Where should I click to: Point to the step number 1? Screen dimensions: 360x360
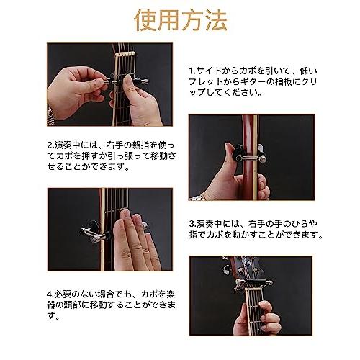click(191, 71)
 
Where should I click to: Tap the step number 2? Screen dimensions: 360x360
click(49, 143)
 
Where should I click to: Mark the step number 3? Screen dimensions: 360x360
click(192, 223)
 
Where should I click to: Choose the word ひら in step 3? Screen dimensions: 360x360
click(303, 223)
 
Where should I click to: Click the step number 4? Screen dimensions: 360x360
click(49, 294)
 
